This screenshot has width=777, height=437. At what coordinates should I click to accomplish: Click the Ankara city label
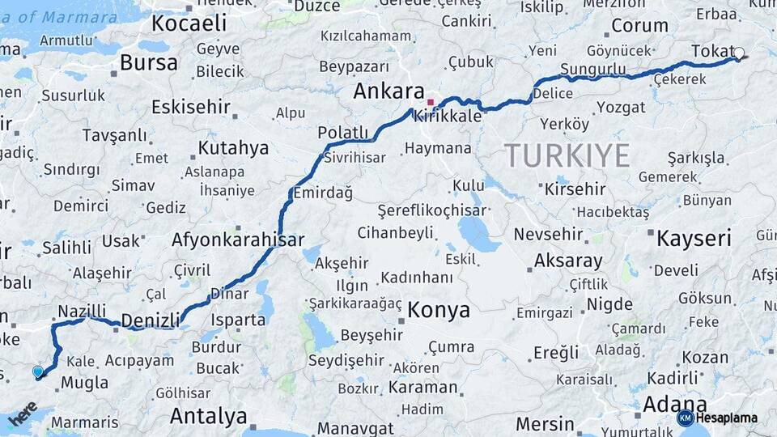tap(388, 91)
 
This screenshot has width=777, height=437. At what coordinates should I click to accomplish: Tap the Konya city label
tap(439, 310)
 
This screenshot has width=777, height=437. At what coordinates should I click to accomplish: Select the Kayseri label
tap(694, 239)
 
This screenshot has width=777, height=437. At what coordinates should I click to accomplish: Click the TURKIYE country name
tap(567, 155)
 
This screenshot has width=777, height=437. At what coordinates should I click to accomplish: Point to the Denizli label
tap(150, 320)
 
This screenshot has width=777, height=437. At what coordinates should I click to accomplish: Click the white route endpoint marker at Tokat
tap(738, 54)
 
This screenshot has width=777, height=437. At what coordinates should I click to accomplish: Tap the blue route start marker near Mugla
tap(38, 372)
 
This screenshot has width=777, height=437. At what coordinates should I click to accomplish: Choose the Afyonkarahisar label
tap(238, 240)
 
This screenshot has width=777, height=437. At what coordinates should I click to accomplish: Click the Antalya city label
tap(208, 417)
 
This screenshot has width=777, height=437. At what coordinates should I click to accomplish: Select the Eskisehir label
tap(191, 107)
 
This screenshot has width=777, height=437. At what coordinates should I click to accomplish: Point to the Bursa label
tap(148, 62)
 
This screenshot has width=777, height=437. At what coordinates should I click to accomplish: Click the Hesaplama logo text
tap(726, 418)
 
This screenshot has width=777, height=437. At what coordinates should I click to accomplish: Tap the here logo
tap(23, 413)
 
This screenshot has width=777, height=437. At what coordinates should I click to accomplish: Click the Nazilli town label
tap(82, 311)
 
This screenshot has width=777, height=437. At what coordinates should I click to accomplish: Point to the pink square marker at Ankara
tap(431, 103)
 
